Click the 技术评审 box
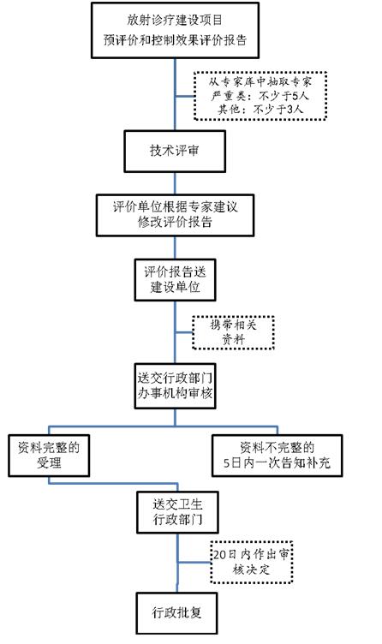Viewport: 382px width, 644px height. coord(175,151)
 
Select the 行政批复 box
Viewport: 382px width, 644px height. coord(176,613)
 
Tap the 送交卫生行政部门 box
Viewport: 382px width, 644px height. coord(177,512)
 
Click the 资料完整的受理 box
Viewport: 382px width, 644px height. coord(49,456)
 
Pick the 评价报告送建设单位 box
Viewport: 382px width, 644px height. coord(175,280)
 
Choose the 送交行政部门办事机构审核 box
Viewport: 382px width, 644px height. coord(175,385)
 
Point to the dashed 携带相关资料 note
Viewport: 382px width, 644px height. coord(233,332)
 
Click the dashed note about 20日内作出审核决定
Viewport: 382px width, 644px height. coord(251,562)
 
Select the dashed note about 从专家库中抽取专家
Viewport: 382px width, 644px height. coord(260,96)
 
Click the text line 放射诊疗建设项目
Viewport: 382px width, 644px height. coord(175,20)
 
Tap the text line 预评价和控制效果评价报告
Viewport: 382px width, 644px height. coord(175,40)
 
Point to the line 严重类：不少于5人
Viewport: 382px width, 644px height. coord(260,96)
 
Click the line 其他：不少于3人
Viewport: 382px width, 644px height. coord(260,109)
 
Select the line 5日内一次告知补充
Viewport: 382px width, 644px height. coord(277,462)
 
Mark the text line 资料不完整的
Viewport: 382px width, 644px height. coord(277,447)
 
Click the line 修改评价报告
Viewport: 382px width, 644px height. coord(175,222)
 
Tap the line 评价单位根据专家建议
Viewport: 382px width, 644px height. coord(175,206)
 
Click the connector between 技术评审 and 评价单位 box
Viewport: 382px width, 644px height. coord(175,183)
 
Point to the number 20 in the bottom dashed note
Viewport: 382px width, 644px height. coord(220,554)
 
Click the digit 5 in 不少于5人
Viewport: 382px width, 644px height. coord(295,96)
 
